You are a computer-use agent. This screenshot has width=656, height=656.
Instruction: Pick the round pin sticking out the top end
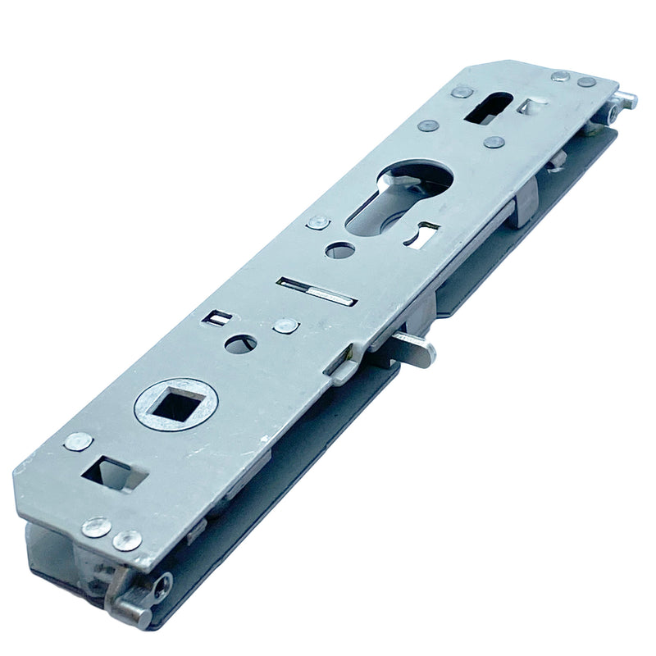pos(626,100)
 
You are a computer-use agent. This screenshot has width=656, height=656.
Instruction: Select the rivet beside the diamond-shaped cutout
pos(79,441)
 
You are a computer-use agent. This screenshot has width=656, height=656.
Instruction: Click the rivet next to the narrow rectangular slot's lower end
pos(285,326)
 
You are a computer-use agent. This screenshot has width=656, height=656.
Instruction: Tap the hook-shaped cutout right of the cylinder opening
pos(426,235)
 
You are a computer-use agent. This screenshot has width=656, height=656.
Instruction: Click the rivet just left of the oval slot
pos(462,92)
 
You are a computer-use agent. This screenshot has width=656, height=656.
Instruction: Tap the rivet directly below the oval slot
pos(492,142)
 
